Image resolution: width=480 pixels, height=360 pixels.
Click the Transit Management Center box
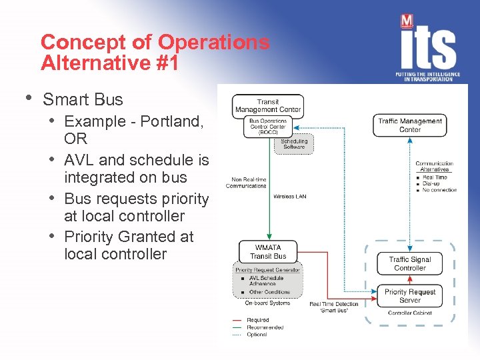[268, 105]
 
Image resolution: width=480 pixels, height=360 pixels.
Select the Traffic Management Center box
[410, 125]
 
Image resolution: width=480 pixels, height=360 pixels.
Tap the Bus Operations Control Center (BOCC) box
[268, 127]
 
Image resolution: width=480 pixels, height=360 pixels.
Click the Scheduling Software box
[294, 143]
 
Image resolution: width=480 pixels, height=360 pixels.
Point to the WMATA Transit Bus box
[268, 251]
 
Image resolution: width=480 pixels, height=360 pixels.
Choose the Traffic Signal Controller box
[410, 263]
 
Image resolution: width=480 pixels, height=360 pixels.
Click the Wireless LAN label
[289, 197]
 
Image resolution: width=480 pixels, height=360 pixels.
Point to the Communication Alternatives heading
[434, 167]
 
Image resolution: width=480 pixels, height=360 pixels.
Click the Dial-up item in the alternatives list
[435, 183]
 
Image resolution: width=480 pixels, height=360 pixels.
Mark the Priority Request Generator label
[267, 270]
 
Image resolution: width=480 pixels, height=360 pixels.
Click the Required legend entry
[257, 321]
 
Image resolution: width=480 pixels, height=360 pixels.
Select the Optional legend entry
[257, 334]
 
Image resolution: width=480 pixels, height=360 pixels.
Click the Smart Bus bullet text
[83, 100]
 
